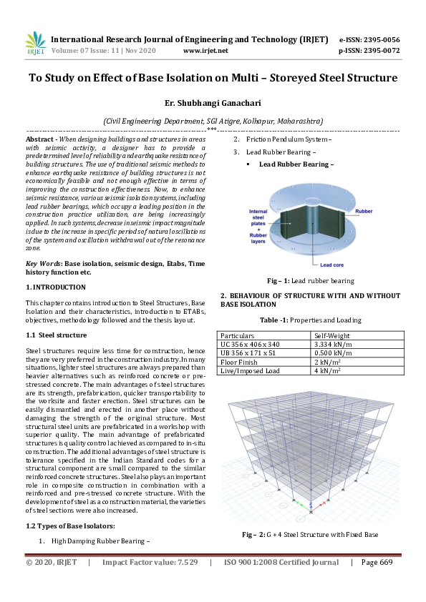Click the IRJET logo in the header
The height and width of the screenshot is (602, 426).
[x=35, y=44]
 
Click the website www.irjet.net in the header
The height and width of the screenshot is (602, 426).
[x=205, y=51]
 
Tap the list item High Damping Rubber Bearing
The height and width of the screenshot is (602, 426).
[x=100, y=541]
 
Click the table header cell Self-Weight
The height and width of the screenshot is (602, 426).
[x=332, y=335]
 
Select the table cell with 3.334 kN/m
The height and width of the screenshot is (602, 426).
[x=332, y=344]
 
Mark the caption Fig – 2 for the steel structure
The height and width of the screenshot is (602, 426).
[x=309, y=534]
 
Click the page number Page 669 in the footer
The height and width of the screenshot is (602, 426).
[x=377, y=563]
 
